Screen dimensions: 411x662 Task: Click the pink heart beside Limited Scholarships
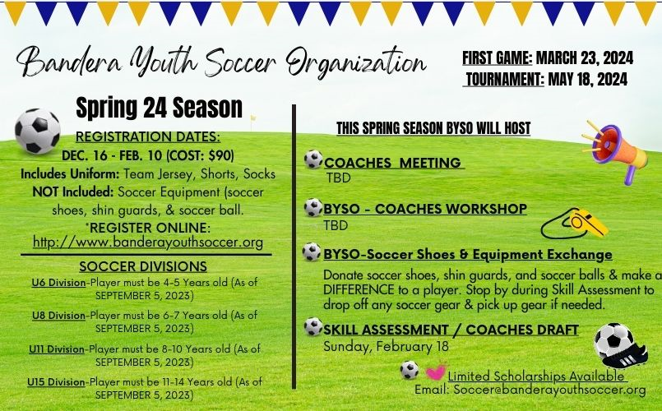435,372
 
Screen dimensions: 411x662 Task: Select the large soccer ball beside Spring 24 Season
38,132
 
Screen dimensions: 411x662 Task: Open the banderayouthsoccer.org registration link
148,242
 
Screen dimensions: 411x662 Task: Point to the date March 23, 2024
584,58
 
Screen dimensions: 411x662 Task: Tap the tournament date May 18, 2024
587,79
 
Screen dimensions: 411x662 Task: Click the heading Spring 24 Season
159,107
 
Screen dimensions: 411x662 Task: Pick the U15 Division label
58,382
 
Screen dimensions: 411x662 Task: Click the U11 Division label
57,349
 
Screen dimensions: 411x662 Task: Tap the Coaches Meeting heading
392,163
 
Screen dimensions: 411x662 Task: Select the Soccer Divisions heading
143,266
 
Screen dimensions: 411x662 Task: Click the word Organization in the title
357,62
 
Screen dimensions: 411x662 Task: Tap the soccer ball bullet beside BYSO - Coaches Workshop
312,208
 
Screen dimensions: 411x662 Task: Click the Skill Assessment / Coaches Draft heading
451,330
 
